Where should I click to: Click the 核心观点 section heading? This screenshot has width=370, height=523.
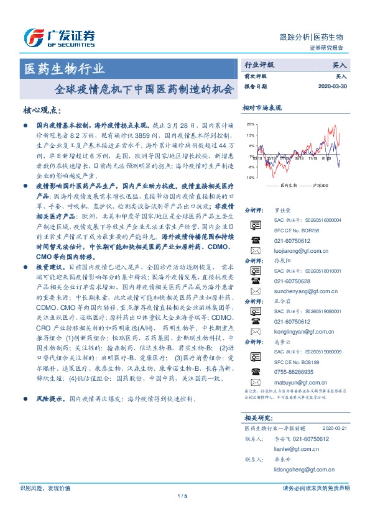pyautogui.click(x=41, y=110)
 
